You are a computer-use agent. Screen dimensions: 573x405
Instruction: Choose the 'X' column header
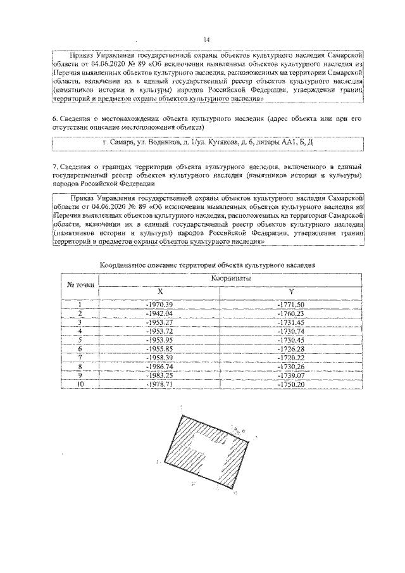(159, 291)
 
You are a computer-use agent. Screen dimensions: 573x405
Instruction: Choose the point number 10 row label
(80, 384)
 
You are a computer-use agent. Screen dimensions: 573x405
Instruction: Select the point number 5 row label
(80, 340)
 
